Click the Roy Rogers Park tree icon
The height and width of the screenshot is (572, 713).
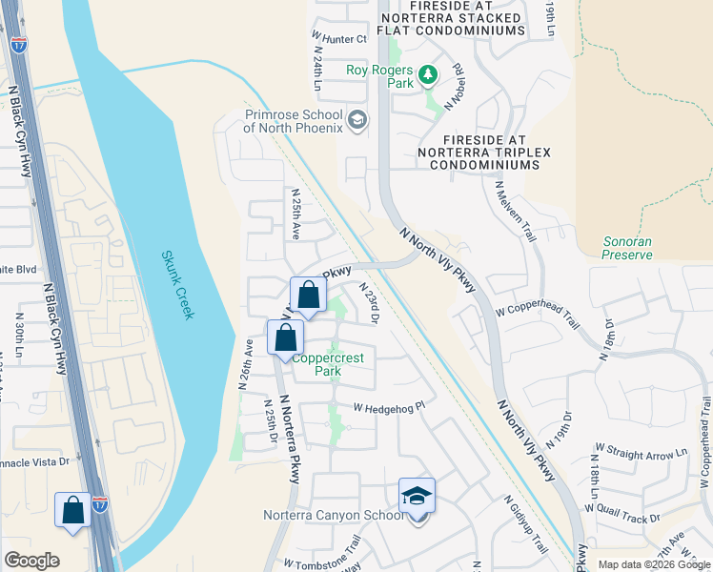tap(429, 73)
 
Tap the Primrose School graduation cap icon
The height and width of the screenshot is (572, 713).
tap(357, 120)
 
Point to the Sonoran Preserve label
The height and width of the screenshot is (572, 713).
tap(627, 248)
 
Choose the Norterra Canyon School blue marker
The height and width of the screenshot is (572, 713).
tap(417, 496)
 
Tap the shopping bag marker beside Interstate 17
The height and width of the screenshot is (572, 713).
tap(73, 510)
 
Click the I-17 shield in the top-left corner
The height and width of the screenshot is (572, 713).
tap(20, 44)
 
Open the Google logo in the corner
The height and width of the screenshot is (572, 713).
tap(32, 561)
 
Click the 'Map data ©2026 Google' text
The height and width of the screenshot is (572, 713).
tap(653, 564)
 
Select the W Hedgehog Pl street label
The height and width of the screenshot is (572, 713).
tap(388, 406)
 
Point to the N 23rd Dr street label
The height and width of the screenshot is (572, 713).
tap(369, 302)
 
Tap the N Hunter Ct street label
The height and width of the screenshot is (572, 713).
tap(339, 39)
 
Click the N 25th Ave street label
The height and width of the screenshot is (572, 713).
tap(296, 214)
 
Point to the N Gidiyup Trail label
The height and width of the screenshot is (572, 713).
tap(525, 524)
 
